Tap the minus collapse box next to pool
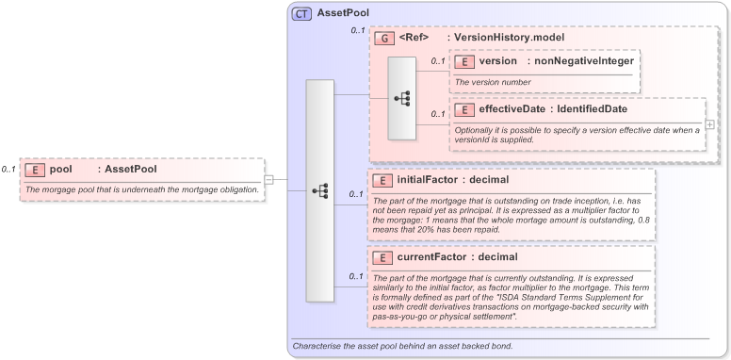pos(268,179)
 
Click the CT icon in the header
pos(301,14)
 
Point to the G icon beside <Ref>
pos(383,38)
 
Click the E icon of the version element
pos(463,61)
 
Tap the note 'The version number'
pos(492,82)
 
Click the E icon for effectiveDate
pos(463,109)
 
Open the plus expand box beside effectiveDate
pos(709,123)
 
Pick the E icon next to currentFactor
pos(383,257)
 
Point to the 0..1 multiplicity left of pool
pos(8,170)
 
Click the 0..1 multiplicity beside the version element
pos(437,62)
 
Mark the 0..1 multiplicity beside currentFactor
pos(356,276)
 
